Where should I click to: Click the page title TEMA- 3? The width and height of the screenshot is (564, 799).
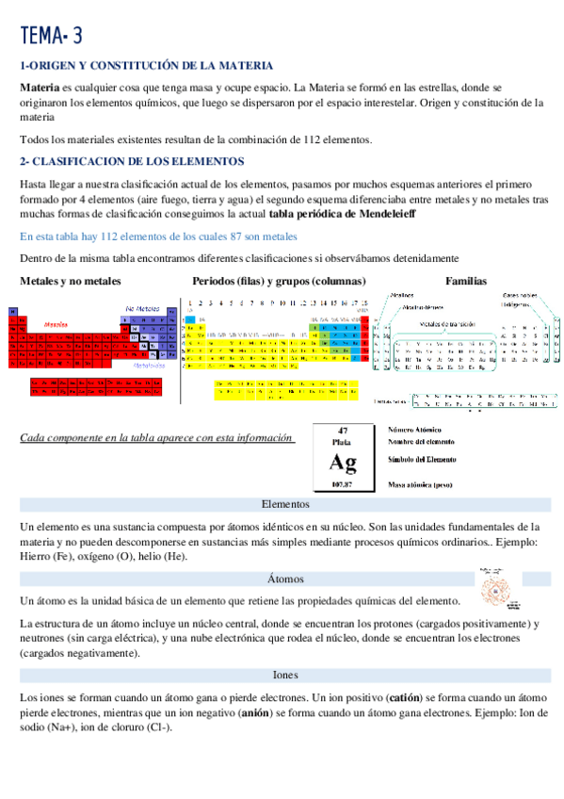pos(51,36)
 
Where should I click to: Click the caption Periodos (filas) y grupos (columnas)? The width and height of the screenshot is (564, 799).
pos(280,281)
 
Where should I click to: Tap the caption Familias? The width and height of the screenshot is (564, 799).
pos(466,281)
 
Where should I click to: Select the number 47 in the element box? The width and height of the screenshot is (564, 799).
pos(343,430)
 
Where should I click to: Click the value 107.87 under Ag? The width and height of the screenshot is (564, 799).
pos(343,484)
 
